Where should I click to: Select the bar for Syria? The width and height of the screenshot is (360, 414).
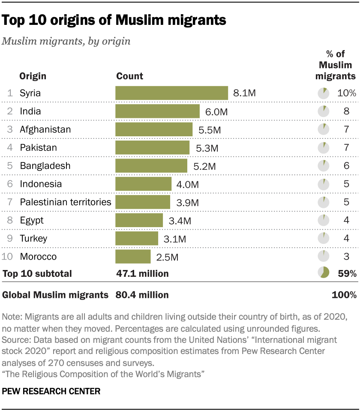[171, 93]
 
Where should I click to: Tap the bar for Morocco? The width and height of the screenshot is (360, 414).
[133, 257]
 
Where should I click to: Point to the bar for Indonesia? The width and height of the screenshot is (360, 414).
[143, 184]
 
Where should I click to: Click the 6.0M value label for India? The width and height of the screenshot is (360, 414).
[215, 111]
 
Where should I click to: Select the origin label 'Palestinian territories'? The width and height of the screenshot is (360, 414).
[66, 202]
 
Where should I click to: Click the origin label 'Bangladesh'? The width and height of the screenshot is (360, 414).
[45, 166]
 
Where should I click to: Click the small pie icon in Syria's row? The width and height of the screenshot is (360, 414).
[323, 93]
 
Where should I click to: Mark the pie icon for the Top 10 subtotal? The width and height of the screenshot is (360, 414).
[323, 273]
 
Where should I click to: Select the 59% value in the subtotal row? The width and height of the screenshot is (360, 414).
[347, 273]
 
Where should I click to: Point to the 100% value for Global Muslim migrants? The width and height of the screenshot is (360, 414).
[344, 295]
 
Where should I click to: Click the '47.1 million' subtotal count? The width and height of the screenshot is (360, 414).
[142, 273]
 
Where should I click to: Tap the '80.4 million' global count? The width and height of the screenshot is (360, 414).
[142, 295]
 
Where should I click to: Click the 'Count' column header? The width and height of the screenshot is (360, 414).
[129, 76]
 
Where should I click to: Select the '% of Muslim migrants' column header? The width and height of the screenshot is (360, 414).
[336, 65]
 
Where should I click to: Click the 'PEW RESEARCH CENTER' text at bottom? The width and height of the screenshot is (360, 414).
[51, 391]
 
